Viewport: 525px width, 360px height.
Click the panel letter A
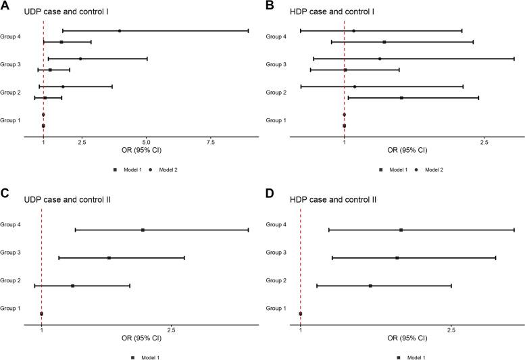pos(5,6)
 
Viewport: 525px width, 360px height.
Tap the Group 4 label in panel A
pos(11,36)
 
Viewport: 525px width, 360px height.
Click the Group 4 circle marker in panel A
pos(120,31)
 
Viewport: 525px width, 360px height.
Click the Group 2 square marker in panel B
pos(401,98)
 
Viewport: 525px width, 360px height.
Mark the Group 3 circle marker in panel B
pos(380,59)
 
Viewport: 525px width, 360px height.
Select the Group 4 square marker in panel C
pos(143,230)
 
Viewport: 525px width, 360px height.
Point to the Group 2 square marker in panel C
pos(73,286)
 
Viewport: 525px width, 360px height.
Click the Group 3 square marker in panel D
pos(397,258)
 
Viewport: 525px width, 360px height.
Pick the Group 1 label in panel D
pos(276,309)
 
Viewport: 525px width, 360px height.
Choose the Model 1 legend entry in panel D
pos(411,357)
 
